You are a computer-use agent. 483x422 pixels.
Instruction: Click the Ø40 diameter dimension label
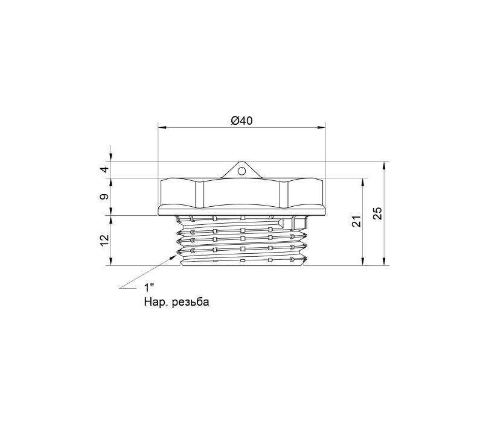click(242, 121)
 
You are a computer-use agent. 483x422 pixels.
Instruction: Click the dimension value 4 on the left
click(105, 169)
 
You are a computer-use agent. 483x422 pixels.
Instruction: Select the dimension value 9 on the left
click(105, 197)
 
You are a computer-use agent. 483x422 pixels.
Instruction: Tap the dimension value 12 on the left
click(105, 240)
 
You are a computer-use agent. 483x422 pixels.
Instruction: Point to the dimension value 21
click(356, 221)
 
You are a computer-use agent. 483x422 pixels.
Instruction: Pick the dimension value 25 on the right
click(378, 213)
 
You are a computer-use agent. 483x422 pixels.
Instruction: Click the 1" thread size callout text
click(149, 288)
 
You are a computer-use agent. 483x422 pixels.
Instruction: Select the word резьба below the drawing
click(191, 302)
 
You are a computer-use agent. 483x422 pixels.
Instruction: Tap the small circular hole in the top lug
click(242, 170)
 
